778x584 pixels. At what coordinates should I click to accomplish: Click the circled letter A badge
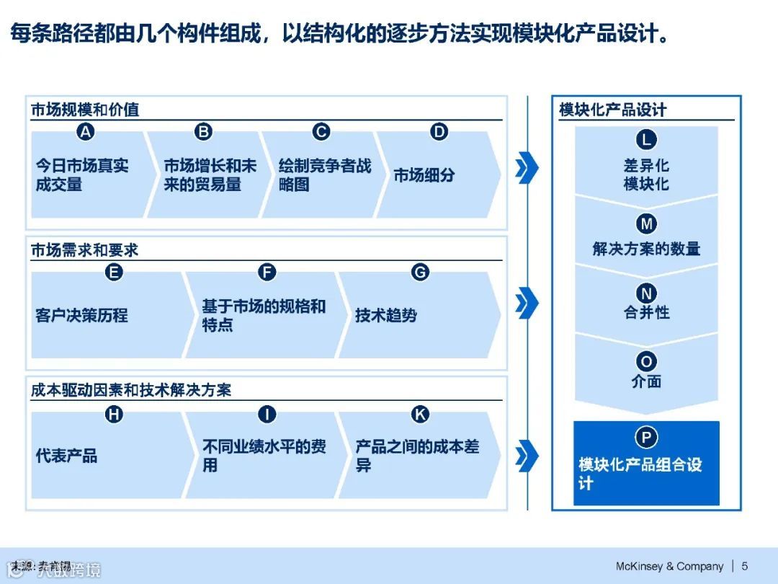[86, 132]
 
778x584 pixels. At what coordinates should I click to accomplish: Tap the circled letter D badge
[439, 132]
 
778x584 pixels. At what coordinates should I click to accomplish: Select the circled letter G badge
[419, 272]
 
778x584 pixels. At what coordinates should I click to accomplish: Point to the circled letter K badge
[419, 414]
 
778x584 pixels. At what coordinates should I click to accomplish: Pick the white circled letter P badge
[646, 438]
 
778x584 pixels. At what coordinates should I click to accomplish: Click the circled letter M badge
[646, 224]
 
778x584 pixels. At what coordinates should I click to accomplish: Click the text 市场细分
[424, 175]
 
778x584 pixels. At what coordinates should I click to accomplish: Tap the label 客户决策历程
[81, 316]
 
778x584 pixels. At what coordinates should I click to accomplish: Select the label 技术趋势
[386, 316]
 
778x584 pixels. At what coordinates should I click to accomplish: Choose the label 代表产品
[66, 456]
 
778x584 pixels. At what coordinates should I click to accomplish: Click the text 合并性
[646, 313]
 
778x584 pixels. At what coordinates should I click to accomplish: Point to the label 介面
[646, 381]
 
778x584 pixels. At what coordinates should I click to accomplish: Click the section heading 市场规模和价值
[85, 110]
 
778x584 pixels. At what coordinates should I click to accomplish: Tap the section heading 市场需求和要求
[84, 250]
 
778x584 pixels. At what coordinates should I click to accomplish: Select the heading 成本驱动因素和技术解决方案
[131, 390]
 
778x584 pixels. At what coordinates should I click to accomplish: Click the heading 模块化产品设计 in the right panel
[613, 110]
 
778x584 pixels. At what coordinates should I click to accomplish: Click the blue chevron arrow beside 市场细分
[527, 168]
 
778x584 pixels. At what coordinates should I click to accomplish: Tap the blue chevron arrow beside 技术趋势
[527, 301]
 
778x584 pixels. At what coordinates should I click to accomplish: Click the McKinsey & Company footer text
[669, 566]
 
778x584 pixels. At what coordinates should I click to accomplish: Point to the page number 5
[744, 566]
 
